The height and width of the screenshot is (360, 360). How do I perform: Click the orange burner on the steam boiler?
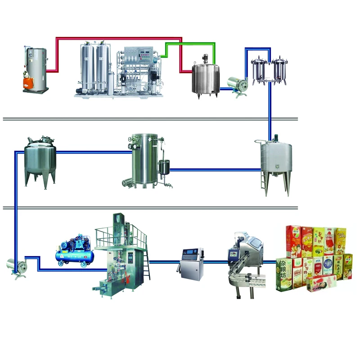click(x=28, y=81)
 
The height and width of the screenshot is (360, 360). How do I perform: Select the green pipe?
click(x=189, y=43)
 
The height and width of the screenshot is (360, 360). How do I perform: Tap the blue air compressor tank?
click(x=74, y=256)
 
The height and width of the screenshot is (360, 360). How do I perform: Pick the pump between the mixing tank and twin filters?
click(x=236, y=83)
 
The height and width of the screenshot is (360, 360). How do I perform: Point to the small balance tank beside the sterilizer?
click(x=165, y=169)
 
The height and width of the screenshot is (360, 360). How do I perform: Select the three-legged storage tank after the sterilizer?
click(x=40, y=160)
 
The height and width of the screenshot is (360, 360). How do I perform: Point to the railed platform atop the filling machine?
click(x=121, y=234)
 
